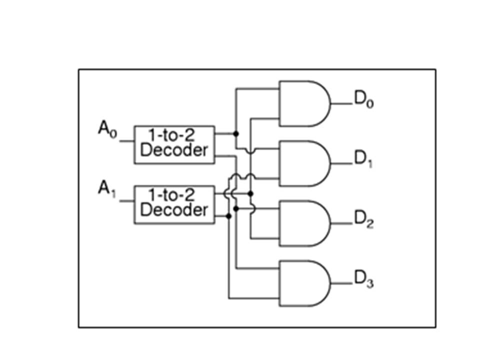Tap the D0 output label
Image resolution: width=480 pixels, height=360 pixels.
[364, 100]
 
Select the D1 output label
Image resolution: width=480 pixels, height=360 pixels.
[364, 159]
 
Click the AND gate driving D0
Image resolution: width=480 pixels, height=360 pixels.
[303, 103]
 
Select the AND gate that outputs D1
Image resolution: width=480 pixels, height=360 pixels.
[303, 163]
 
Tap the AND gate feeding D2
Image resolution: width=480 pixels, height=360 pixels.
[303, 223]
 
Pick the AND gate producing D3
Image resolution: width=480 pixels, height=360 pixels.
[303, 283]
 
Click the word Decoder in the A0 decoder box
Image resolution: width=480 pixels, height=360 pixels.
[173, 150]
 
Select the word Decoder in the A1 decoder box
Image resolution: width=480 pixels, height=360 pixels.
[173, 210]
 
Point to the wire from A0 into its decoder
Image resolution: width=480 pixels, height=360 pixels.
[126, 141]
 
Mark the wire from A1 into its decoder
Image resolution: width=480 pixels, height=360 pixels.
[126, 201]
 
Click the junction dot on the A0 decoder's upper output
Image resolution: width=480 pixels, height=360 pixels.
[236, 133]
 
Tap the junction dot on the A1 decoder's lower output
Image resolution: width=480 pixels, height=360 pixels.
[228, 216]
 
